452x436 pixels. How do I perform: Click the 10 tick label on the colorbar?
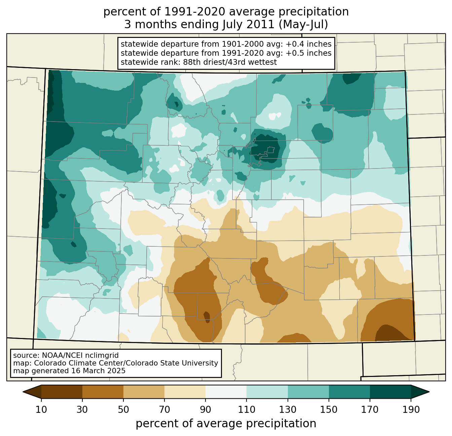pyautogui.click(x=41, y=409)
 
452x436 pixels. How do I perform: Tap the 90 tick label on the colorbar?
pyautogui.click(x=205, y=409)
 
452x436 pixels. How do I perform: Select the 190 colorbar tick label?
pyautogui.click(x=411, y=409)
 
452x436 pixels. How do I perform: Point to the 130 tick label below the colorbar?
pyautogui.click(x=288, y=409)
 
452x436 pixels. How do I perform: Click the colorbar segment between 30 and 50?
pyautogui.click(x=103, y=392)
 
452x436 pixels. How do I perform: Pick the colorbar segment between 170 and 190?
pyautogui.click(x=390, y=392)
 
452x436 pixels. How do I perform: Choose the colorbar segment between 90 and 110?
pyautogui.click(x=226, y=392)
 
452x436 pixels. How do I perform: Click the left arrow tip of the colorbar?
pyautogui.click(x=23, y=392)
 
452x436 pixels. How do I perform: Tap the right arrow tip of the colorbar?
pyautogui.click(x=429, y=392)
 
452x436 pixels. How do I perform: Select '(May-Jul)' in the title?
pyautogui.click(x=303, y=25)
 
